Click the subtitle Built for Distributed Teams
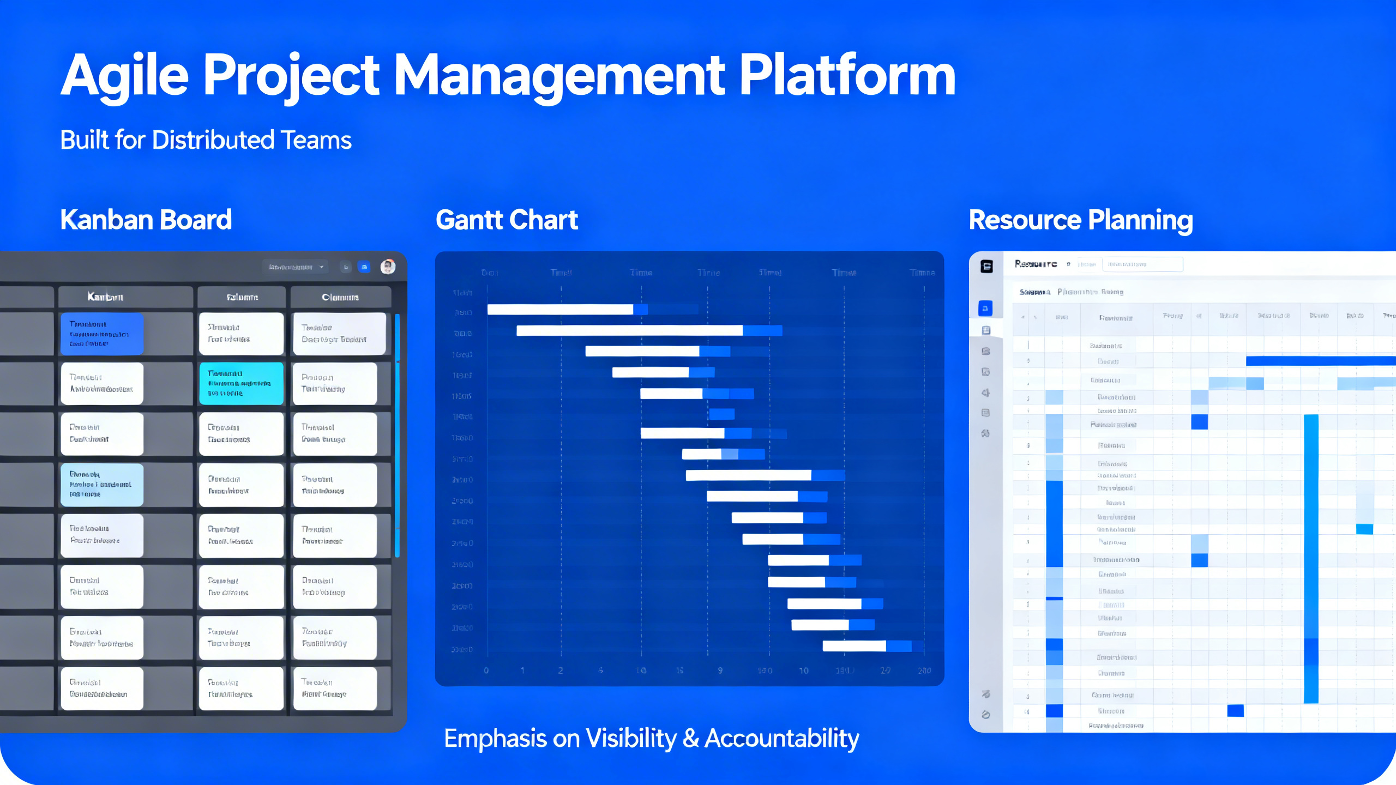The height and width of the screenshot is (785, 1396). point(206,140)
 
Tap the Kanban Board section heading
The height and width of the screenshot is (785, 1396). point(146,220)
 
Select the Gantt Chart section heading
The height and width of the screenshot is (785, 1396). point(506,220)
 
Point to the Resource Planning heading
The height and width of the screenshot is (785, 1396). point(1080,220)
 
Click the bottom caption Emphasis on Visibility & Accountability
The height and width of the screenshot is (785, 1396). point(651,739)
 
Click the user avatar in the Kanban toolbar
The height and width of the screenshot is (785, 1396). point(388,267)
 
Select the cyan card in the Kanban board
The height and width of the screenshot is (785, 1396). point(241,383)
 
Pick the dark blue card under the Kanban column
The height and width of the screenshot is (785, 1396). point(102,333)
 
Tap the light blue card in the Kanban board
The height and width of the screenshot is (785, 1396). point(102,485)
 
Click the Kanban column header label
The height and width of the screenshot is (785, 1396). point(105,297)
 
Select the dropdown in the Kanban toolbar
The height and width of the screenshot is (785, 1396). point(296,267)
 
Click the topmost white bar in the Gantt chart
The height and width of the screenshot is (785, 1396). point(559,310)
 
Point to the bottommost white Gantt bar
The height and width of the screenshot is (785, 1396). point(854,646)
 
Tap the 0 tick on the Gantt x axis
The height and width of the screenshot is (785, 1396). point(486,671)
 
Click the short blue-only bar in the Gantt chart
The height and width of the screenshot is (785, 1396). point(721,414)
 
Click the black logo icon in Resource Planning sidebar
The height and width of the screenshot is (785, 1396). point(986,266)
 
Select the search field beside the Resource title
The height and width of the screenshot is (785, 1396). point(1142,264)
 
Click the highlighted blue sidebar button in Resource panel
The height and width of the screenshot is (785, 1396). point(985,309)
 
